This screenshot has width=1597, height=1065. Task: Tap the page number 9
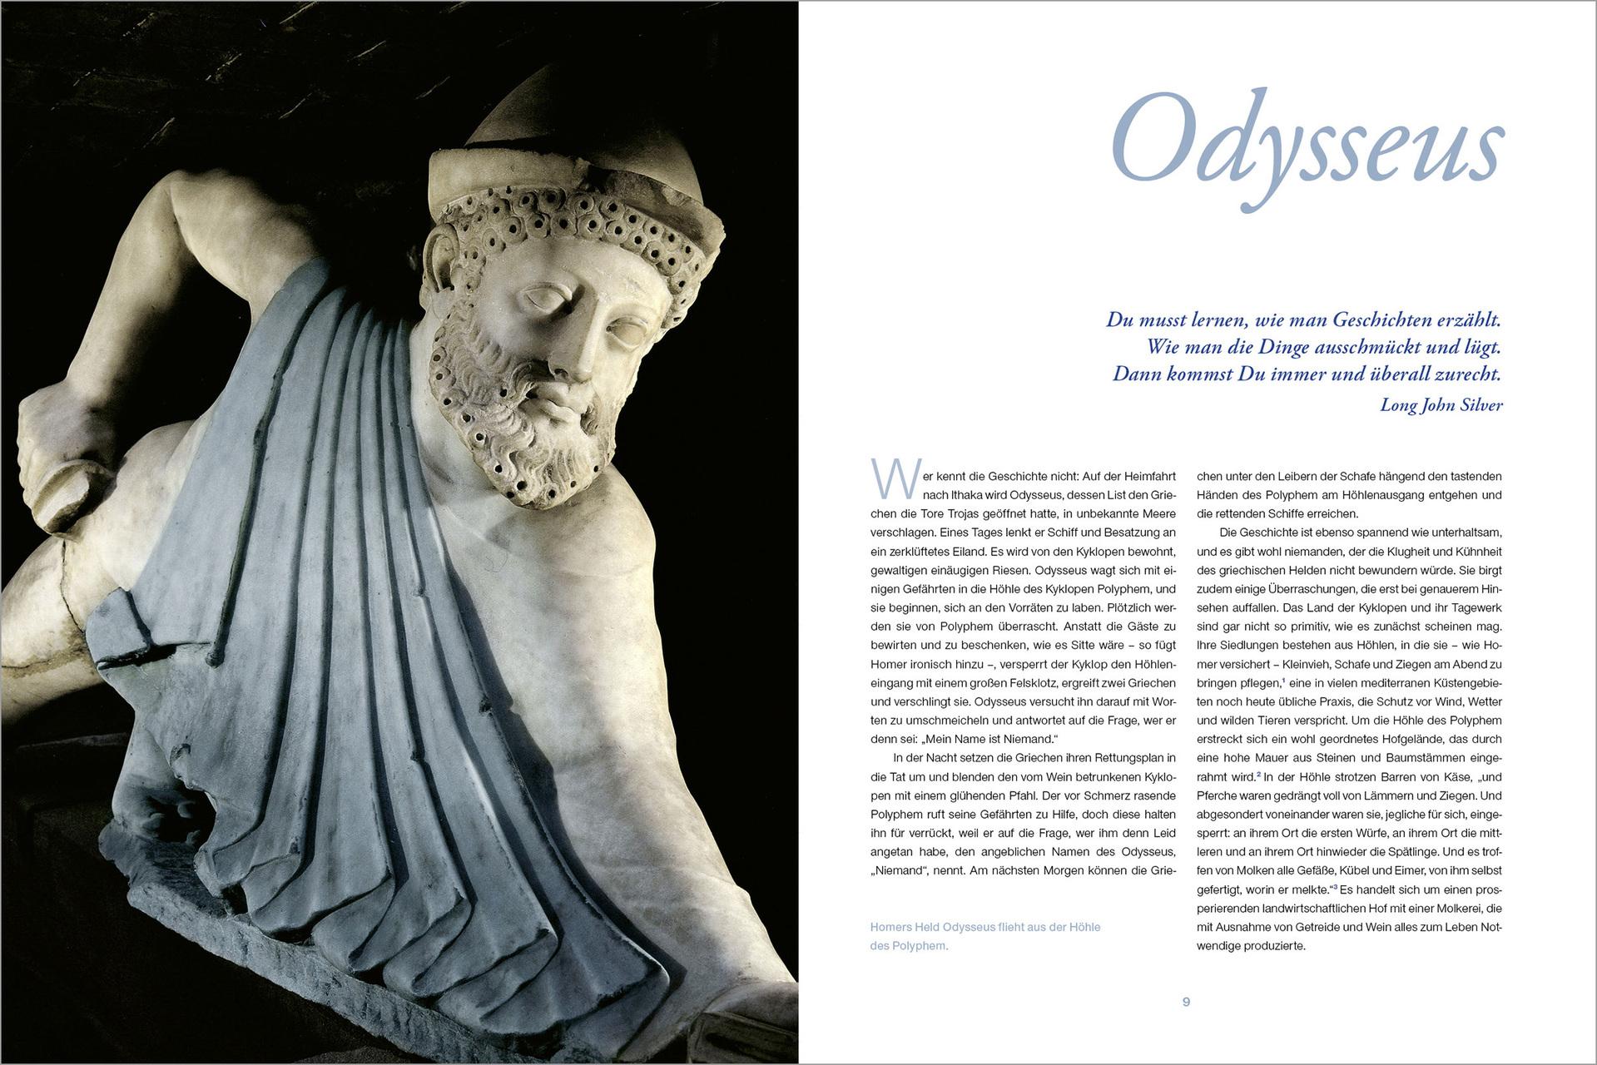[1186, 1003]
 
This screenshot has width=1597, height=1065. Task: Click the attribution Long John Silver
[1441, 405]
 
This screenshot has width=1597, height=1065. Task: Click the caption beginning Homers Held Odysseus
[984, 936]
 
